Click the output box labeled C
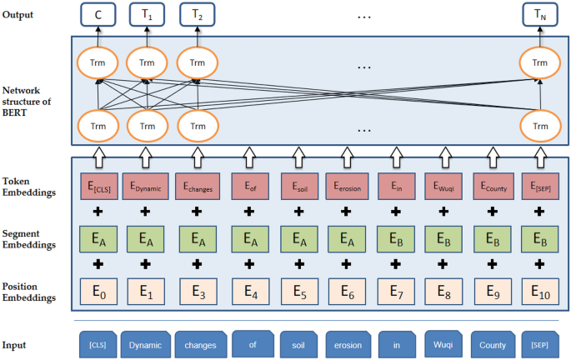coord(98,14)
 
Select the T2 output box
coord(198,14)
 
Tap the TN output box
coord(539,14)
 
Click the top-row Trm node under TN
coord(539,62)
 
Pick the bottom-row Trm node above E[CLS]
coord(98,126)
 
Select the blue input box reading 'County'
coord(491,343)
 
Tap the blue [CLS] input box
coord(98,343)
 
